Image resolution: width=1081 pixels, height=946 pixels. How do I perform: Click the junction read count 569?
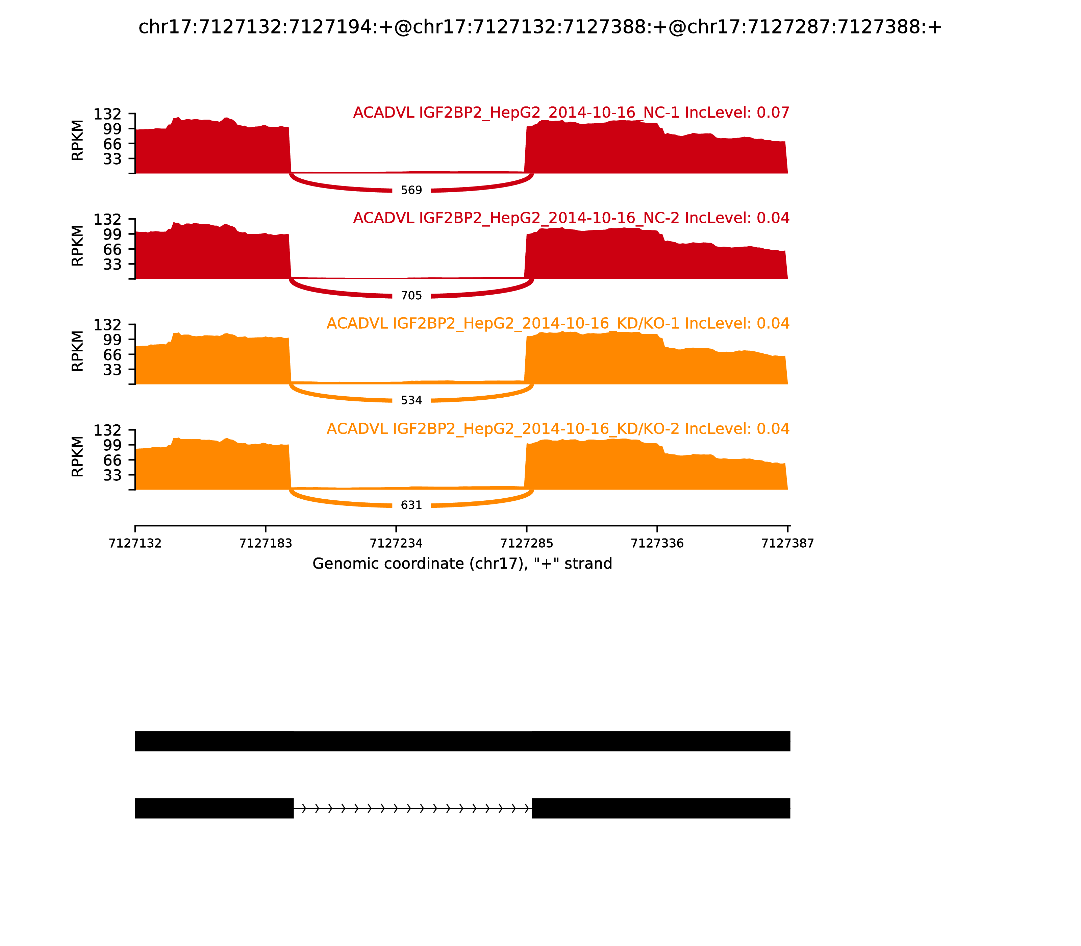411,190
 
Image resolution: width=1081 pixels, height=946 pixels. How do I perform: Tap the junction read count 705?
411,296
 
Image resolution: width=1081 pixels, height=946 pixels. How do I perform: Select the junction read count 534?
411,401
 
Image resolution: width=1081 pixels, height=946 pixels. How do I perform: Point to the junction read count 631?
411,505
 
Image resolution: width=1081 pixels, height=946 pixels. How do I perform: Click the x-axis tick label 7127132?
135,543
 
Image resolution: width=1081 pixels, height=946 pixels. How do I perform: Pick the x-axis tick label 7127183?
266,543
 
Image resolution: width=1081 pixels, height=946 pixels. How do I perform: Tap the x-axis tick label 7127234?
396,543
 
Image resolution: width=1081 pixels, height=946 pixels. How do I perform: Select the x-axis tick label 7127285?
526,543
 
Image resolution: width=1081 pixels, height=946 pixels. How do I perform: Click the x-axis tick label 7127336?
657,543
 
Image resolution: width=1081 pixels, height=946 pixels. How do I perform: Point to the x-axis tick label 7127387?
787,543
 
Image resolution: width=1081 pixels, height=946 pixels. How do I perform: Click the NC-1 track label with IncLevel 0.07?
571,113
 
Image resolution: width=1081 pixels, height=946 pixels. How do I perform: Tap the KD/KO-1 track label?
558,324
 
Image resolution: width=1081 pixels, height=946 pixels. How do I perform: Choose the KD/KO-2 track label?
558,429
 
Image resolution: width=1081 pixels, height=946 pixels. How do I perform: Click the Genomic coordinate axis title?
462,564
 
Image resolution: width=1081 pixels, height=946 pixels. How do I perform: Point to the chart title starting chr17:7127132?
540,27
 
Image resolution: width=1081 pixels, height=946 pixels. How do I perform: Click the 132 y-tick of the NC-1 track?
108,114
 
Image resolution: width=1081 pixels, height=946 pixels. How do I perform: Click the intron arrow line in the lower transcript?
412,808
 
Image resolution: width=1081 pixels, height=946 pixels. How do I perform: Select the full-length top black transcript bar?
462,741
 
